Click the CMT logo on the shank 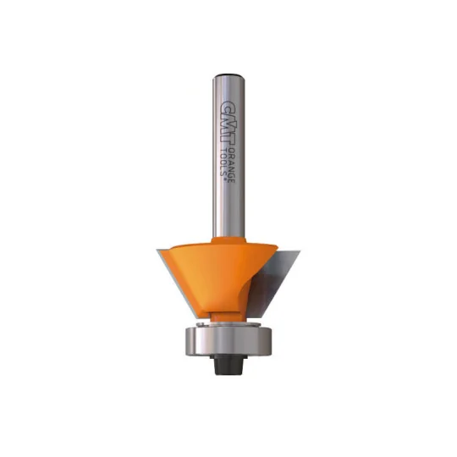(228, 122)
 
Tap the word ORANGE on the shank (232, 165)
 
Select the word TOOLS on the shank (225, 161)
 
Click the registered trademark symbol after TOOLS (225, 180)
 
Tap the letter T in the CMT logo (228, 139)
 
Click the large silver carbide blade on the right (271, 280)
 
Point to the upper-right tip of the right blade (300, 250)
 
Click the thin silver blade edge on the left (174, 280)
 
